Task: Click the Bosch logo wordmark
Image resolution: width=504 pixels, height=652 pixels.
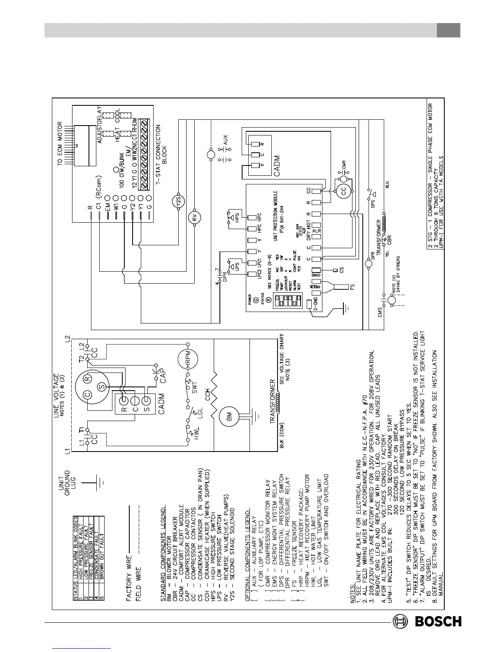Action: click(x=438, y=621)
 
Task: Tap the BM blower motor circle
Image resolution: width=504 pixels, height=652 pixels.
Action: click(x=228, y=419)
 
